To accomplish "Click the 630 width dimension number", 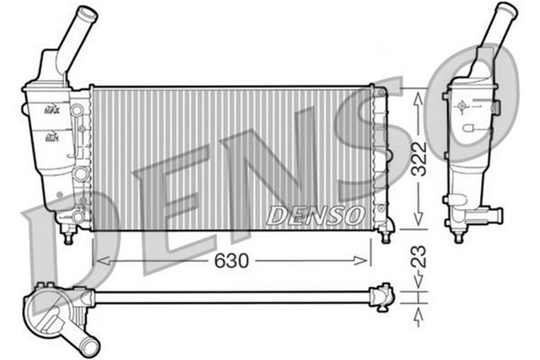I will tap(230, 262).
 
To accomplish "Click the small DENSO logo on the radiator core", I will tap(315, 216).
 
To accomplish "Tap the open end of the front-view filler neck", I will tap(87, 14).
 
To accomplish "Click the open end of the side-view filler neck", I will tap(503, 10).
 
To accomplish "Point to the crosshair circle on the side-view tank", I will tap(462, 108).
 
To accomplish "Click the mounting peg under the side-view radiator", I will tap(457, 236).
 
